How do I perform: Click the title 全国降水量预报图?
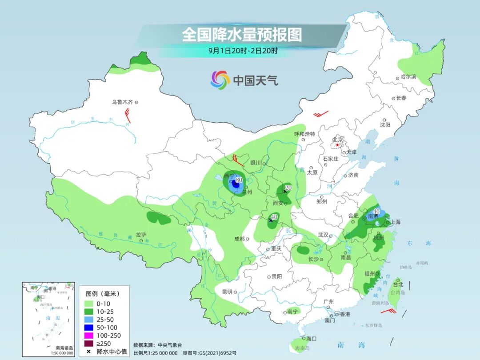pyautogui.click(x=242, y=35)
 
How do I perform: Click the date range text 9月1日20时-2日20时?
pyautogui.click(x=243, y=51)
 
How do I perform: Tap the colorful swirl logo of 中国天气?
pyautogui.click(x=220, y=80)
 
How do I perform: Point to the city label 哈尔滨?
pyautogui.click(x=408, y=77)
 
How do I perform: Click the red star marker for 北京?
pyautogui.click(x=338, y=145)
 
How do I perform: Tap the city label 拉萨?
pyautogui.click(x=141, y=234)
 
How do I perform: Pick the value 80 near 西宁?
pyautogui.click(x=239, y=180)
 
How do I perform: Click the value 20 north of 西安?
pyautogui.click(x=288, y=188)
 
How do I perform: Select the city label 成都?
pyautogui.click(x=239, y=239)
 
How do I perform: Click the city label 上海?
pyautogui.click(x=395, y=222)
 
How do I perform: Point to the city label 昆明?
pyautogui.click(x=227, y=292)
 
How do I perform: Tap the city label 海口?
pyautogui.click(x=311, y=339)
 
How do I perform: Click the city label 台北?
pyautogui.click(x=398, y=284)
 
